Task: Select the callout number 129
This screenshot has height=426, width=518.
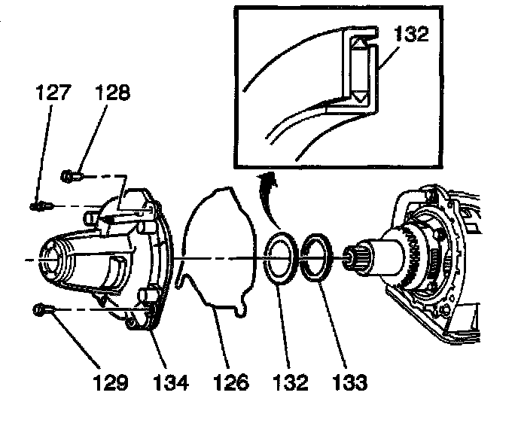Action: click(111, 383)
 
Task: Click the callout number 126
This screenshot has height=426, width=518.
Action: click(230, 383)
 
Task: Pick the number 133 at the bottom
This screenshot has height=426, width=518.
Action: click(349, 383)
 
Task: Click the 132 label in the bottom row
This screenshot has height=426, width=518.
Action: click(290, 383)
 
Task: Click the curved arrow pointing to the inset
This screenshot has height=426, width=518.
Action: click(267, 197)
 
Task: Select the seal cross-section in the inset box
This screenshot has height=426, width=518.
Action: click(360, 72)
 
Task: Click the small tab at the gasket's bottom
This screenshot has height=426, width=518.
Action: click(239, 309)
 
